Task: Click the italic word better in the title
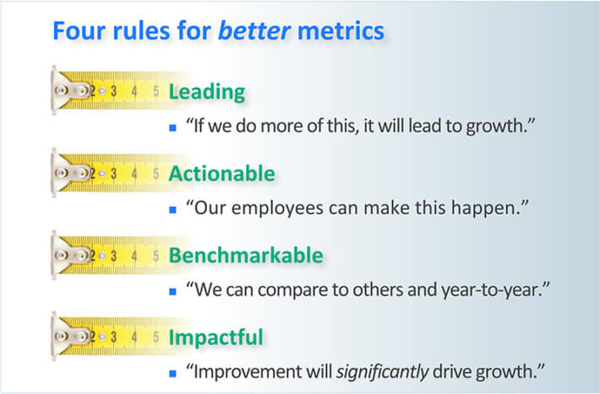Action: (254, 30)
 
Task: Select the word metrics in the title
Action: (341, 30)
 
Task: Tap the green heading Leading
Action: (207, 92)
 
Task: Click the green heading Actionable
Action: (222, 173)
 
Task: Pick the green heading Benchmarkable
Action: (246, 255)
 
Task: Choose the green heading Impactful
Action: (215, 337)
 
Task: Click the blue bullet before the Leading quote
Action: (172, 128)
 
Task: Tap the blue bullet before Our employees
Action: (172, 210)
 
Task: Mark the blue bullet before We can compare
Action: (172, 292)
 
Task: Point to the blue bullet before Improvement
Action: (172, 374)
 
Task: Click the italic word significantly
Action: (382, 372)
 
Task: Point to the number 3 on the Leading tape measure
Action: (113, 91)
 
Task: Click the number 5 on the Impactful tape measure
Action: (155, 337)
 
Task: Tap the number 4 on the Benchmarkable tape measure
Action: (134, 255)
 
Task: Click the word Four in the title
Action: (79, 30)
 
